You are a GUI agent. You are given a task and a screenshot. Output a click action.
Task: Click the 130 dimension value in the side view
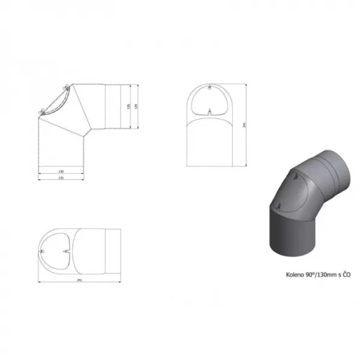[61, 172]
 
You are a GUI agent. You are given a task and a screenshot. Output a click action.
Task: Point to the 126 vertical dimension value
[129, 106]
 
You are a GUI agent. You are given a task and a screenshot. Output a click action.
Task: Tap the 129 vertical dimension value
[137, 106]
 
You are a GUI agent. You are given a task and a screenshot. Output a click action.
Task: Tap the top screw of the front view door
[209, 88]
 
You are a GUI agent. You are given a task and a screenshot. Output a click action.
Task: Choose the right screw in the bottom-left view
[68, 250]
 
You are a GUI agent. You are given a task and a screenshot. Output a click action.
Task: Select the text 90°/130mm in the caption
[323, 275]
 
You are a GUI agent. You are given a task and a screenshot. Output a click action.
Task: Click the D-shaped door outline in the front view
[209, 100]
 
